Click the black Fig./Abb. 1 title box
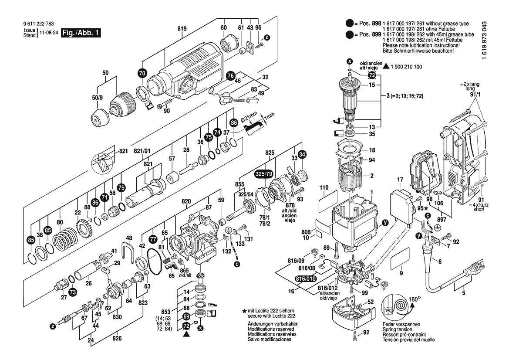click(x=81, y=33)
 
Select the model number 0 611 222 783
click(x=39, y=24)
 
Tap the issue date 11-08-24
click(x=48, y=33)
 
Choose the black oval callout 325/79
click(x=264, y=173)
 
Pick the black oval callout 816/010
click(x=305, y=279)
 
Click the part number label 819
click(x=182, y=29)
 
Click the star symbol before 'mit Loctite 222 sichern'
click(x=244, y=311)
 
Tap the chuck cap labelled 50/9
click(x=99, y=116)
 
